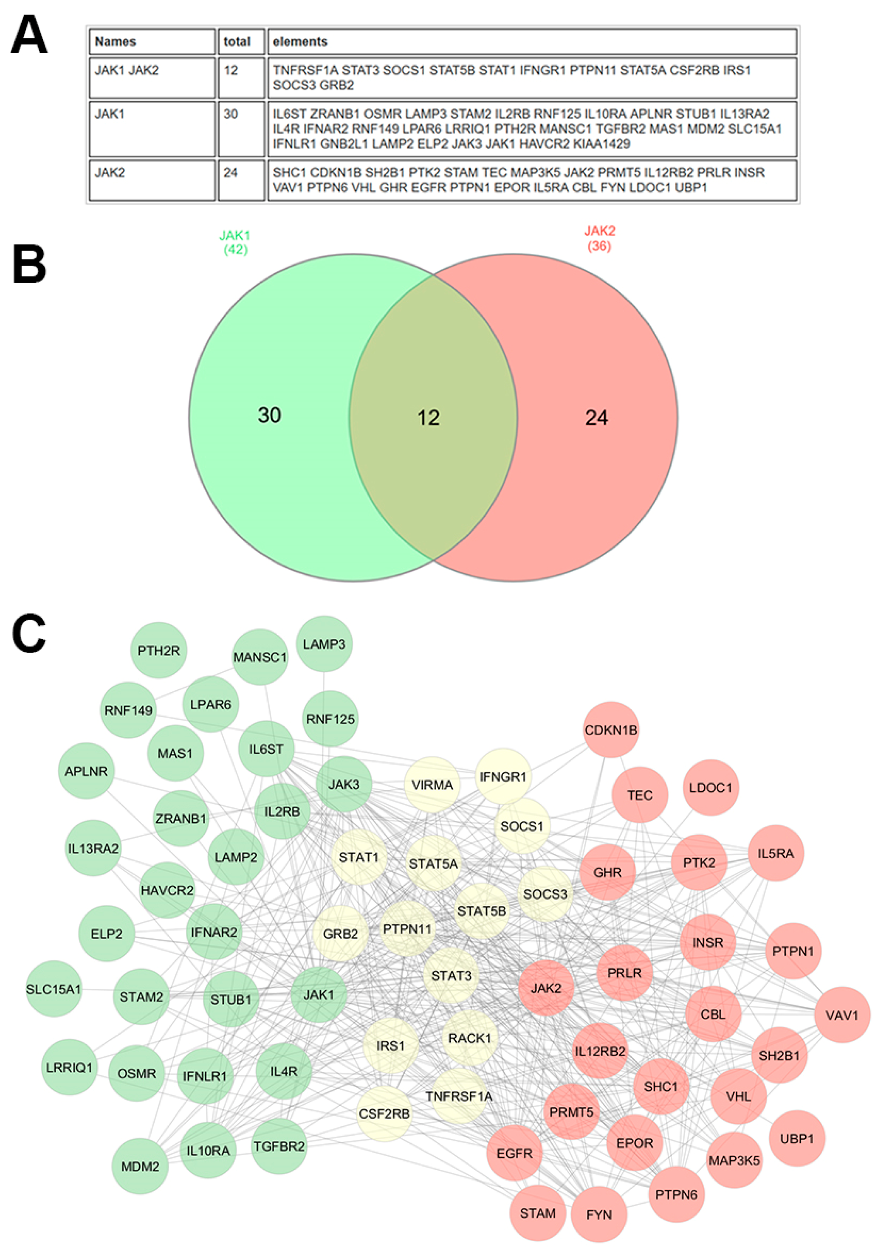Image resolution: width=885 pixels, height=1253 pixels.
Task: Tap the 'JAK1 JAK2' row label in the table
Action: click(127, 71)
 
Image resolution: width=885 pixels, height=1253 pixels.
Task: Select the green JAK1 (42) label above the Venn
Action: click(235, 243)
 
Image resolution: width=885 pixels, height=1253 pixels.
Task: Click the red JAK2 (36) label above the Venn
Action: click(599, 238)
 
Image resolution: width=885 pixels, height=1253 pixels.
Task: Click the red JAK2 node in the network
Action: click(546, 988)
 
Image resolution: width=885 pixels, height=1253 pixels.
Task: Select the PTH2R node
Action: click(159, 650)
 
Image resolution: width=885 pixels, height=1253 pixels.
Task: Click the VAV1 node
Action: click(842, 1015)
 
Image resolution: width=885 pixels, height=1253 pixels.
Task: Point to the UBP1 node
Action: click(796, 1139)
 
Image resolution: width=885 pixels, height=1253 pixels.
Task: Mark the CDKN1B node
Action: click(611, 730)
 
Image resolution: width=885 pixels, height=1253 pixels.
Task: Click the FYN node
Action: click(599, 1215)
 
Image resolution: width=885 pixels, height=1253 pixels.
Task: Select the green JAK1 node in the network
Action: click(319, 994)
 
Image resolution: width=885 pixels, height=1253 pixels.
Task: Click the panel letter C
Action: click(29, 633)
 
